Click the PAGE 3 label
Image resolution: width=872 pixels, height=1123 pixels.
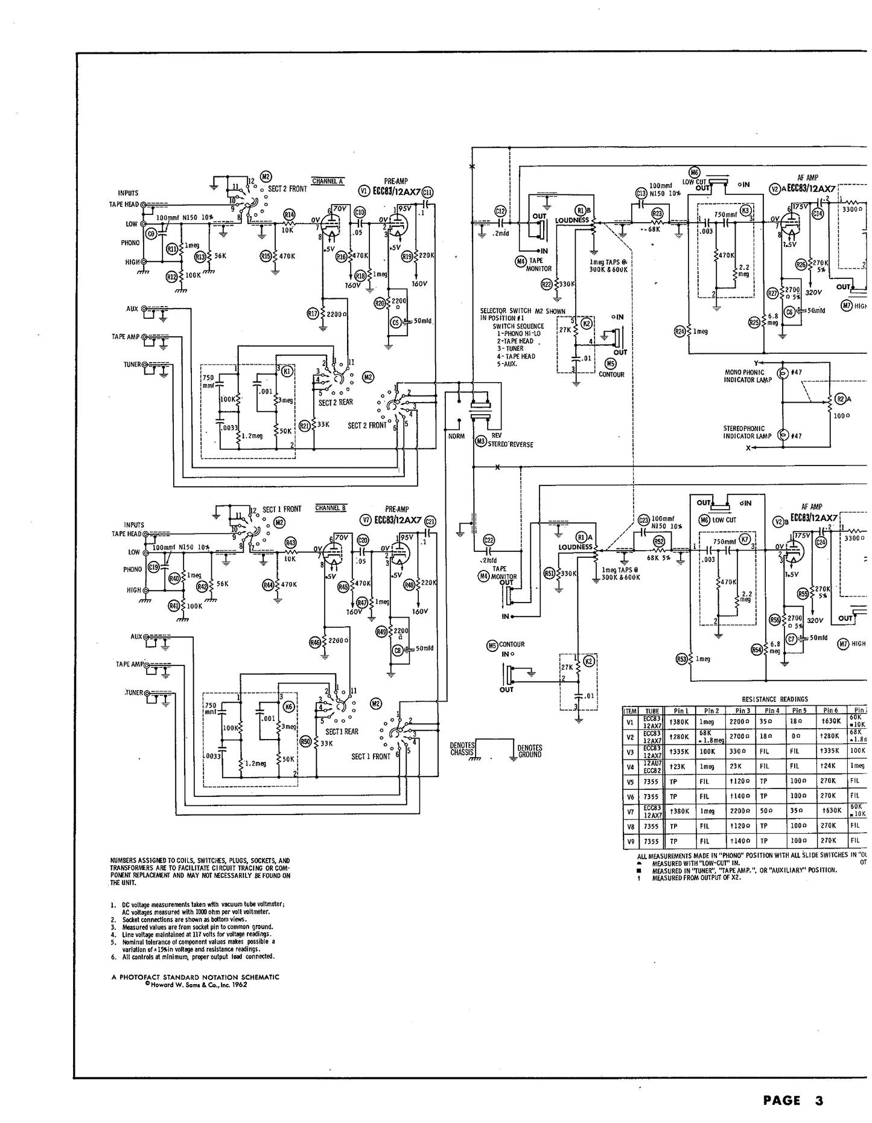point(792,1101)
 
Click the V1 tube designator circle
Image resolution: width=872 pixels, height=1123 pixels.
point(363,191)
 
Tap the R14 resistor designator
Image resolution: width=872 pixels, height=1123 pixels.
point(289,214)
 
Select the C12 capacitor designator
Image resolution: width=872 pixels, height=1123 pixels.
point(500,211)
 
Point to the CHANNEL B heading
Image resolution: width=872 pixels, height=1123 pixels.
point(331,508)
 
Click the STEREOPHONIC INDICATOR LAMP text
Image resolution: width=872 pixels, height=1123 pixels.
point(747,432)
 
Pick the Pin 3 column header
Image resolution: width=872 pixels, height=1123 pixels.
point(742,711)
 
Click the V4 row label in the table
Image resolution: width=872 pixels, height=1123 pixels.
point(631,766)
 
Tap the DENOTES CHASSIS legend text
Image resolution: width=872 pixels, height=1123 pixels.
point(462,750)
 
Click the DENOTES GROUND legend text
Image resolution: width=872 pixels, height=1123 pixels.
point(529,751)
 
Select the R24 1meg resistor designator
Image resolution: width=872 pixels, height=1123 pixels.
point(680,331)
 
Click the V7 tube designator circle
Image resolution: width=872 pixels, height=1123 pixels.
point(365,520)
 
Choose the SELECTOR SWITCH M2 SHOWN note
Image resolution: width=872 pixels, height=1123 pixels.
point(522,315)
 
